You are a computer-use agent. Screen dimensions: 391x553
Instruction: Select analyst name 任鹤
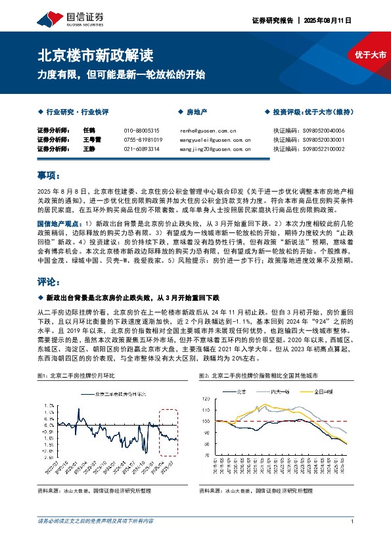89,131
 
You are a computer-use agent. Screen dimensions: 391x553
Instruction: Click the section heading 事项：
49,176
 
